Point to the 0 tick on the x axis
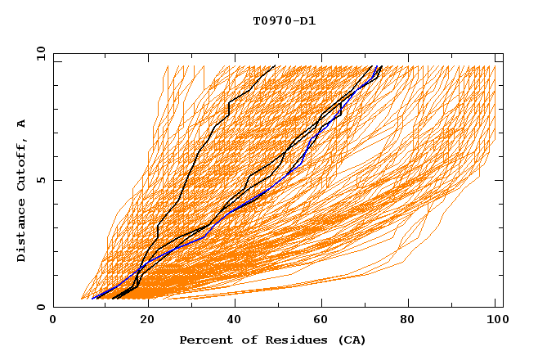click(x=53, y=320)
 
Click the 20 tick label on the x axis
click(x=141, y=320)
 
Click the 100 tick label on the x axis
click(x=495, y=320)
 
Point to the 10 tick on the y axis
click(x=40, y=53)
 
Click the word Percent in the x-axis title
click(x=205, y=340)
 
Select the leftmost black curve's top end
click(x=275, y=66)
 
